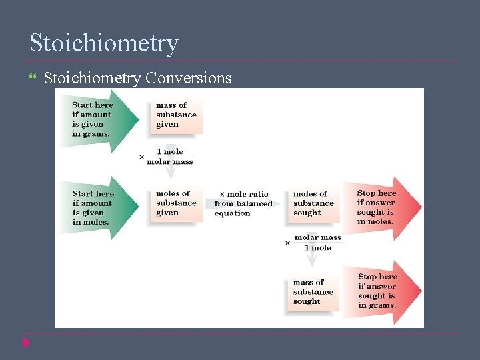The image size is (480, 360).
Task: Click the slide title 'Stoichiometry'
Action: coord(104,43)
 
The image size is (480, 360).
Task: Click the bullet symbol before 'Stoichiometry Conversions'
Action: coord(33,79)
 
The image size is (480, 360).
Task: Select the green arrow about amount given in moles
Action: coord(100,207)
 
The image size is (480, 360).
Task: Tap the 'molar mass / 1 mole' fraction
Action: coord(317,242)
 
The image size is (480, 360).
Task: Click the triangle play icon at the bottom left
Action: coord(26,343)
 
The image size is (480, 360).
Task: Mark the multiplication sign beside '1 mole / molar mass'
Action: coord(141,157)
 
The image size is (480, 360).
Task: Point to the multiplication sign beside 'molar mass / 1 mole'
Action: coord(288,243)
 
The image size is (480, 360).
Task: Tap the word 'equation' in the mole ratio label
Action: coord(232,213)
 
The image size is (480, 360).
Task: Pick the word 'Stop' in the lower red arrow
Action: coord(367,277)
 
